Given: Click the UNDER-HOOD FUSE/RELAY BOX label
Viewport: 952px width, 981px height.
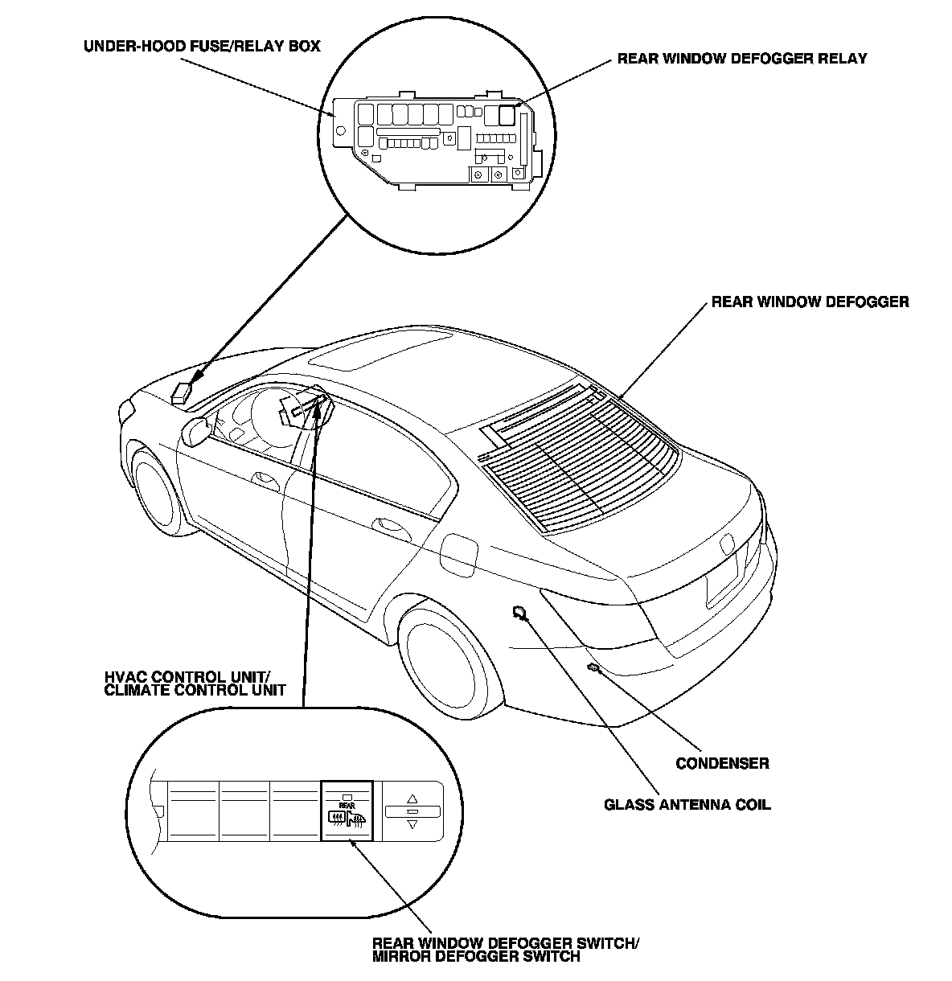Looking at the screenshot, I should click(202, 46).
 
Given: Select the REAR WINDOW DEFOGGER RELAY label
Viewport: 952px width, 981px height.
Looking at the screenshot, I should click(741, 59).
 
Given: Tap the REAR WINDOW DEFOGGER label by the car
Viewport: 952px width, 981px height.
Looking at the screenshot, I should click(810, 302).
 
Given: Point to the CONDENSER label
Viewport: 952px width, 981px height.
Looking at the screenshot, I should click(722, 763).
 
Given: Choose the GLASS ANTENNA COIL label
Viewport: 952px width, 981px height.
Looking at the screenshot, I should click(687, 804).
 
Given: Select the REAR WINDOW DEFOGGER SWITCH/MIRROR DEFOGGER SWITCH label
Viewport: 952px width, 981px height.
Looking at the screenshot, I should click(506, 950).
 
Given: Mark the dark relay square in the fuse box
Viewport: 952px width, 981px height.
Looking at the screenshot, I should click(507, 115).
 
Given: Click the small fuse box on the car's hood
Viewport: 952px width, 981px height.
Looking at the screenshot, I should click(182, 392).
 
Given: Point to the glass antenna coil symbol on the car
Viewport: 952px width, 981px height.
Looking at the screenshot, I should click(520, 614).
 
